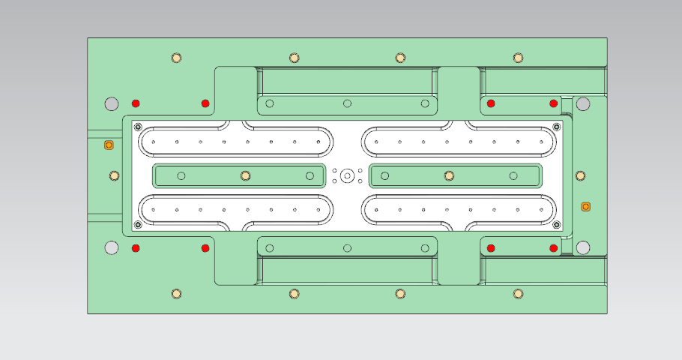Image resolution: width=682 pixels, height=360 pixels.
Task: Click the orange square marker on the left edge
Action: click(108, 145)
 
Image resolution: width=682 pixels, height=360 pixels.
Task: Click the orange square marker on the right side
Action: click(586, 206)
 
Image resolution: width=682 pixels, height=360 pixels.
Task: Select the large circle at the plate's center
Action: click(347, 175)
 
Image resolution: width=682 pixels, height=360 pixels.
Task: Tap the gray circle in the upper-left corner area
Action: click(112, 103)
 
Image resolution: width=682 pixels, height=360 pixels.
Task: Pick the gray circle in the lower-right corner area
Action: click(582, 247)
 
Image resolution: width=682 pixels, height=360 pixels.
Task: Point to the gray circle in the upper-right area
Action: click(582, 103)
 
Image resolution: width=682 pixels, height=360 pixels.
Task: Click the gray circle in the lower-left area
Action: click(112, 247)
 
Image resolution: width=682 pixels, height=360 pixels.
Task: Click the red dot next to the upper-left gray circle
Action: click(136, 103)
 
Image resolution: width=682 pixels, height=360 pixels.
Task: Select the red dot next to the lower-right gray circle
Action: click(554, 248)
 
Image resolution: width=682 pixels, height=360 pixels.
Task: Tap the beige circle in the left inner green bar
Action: click(244, 175)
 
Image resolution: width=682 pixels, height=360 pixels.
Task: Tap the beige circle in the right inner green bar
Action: click(449, 175)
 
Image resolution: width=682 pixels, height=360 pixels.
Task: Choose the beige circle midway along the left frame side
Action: click(114, 176)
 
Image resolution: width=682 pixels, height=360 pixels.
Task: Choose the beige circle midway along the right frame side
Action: click(580, 176)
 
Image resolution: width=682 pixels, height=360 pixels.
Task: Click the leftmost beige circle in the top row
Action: click(176, 58)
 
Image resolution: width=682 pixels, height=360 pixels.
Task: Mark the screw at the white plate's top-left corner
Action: click(137, 126)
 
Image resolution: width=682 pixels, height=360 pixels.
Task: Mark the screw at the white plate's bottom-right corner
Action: click(556, 224)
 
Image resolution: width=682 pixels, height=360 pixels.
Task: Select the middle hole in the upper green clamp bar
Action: click(347, 103)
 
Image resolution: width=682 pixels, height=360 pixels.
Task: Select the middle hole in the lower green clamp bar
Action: click(347, 248)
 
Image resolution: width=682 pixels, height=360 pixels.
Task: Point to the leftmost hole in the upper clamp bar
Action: click(270, 103)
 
